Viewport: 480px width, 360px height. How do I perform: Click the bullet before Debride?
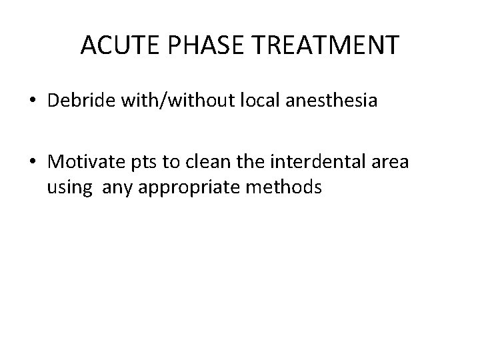coord(32,103)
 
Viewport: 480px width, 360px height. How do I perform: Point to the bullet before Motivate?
coord(32,162)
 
